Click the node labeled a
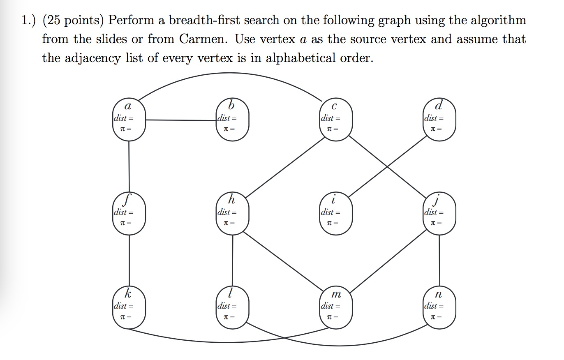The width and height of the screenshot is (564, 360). pyautogui.click(x=129, y=119)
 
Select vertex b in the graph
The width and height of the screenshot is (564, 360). pyautogui.click(x=232, y=119)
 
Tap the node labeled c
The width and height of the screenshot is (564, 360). pyautogui.click(x=336, y=119)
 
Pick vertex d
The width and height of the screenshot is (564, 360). pyautogui.click(x=439, y=119)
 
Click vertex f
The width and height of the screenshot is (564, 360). pyautogui.click(x=129, y=213)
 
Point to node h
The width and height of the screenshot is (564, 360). pyautogui.click(x=232, y=213)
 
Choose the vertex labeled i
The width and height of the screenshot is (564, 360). pyautogui.click(x=336, y=213)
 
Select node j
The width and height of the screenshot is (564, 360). pyautogui.click(x=439, y=213)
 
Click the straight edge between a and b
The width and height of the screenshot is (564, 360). pyautogui.click(x=181, y=120)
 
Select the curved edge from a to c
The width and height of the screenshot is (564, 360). pyautogui.click(x=230, y=74)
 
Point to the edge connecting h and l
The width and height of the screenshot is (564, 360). pyautogui.click(x=233, y=260)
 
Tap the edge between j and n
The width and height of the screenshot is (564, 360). pyautogui.click(x=439, y=260)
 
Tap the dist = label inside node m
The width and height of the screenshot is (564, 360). pyautogui.click(x=330, y=306)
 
